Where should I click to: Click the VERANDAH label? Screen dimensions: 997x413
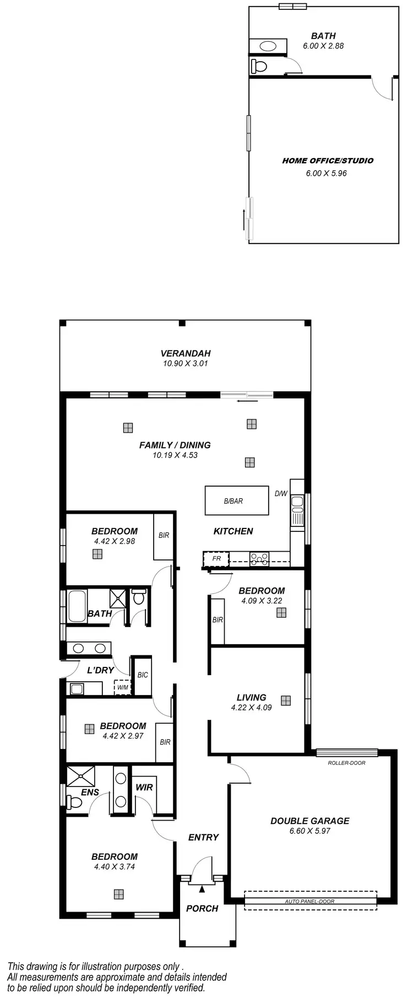(186, 353)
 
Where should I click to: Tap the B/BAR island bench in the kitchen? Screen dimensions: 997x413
(233, 501)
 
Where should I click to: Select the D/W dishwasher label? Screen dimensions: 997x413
(281, 493)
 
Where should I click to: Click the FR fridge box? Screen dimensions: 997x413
(216, 559)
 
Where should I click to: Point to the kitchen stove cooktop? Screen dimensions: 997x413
(259, 559)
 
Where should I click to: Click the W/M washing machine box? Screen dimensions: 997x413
(122, 687)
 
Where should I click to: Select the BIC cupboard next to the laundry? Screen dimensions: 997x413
(143, 675)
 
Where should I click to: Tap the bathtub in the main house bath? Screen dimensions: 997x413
(77, 606)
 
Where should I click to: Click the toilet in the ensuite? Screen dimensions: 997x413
(73, 802)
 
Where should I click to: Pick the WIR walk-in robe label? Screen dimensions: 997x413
(144, 787)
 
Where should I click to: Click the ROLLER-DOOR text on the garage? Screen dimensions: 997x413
(346, 763)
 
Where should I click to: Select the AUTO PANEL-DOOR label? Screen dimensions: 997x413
(309, 901)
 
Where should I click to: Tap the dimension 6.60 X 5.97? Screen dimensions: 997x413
(309, 831)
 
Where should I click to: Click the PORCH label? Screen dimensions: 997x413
(202, 908)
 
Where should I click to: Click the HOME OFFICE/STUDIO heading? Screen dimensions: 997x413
(328, 161)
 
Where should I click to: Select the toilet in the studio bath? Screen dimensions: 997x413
(259, 67)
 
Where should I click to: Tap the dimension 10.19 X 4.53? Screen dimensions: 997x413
(175, 455)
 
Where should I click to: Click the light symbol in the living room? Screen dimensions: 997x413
(285, 700)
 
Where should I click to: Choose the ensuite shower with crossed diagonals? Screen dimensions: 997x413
(80, 776)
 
